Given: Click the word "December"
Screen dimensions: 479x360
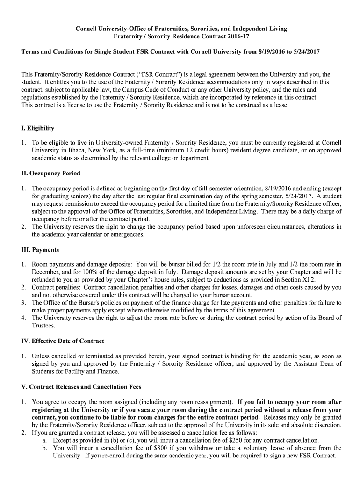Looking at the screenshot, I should (45, 272).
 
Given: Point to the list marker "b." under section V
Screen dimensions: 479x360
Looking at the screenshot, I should (45, 448).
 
